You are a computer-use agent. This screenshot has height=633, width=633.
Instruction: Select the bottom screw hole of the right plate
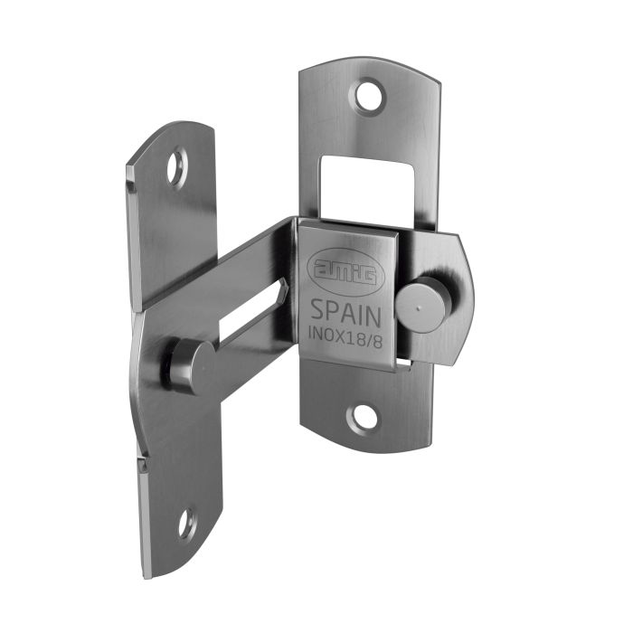click(364, 417)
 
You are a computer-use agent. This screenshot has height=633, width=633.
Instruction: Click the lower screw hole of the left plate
click(184, 522)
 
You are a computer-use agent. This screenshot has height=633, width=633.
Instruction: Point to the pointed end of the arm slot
click(285, 291)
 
